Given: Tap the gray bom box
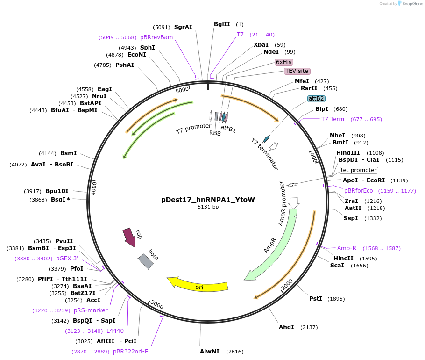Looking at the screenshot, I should click(146, 261).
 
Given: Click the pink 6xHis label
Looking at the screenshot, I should click(283, 62).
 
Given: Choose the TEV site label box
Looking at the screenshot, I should click(297, 71).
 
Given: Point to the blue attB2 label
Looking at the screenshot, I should click(316, 99).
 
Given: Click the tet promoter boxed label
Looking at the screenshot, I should click(359, 170).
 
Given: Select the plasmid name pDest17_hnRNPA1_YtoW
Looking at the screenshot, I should click(208, 200).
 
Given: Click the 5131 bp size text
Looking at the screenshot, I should click(208, 207).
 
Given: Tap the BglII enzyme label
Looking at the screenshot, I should click(222, 24).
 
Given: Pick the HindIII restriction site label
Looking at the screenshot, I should click(348, 153).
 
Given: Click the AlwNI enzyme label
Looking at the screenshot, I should click(210, 351).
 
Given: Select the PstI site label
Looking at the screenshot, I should click(316, 299).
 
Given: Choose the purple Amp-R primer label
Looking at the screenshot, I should click(347, 248).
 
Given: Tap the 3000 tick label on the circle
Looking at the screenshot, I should click(157, 305).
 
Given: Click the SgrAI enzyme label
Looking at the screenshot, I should click(183, 27).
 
